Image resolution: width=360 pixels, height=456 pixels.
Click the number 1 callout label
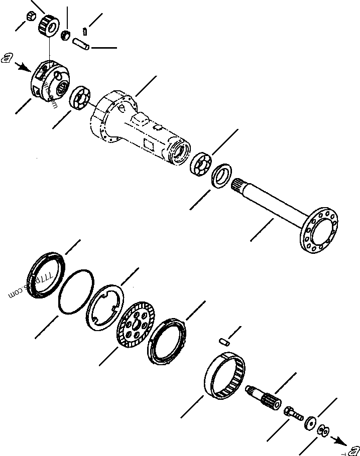(x=85, y=32)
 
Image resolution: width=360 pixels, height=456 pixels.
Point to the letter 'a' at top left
(x=6, y=59)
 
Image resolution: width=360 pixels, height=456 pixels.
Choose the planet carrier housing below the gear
(x=50, y=82)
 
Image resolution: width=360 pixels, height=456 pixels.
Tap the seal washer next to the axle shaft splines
(x=220, y=177)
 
